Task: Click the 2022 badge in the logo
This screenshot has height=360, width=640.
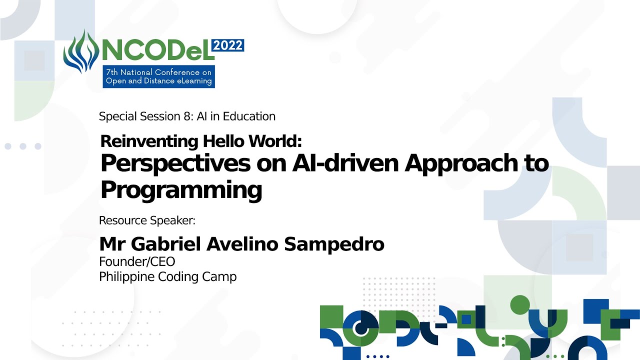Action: click(227, 45)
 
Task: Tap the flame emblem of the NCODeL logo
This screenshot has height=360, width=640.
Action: click(81, 51)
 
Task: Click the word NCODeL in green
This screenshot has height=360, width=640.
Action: click(158, 50)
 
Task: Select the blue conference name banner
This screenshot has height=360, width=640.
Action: click(159, 76)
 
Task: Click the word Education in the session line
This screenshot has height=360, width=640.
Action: click(249, 116)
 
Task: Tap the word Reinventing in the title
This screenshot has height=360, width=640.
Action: click(149, 141)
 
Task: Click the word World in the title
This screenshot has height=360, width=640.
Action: click(275, 141)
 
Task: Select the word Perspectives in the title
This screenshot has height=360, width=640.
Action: click(175, 164)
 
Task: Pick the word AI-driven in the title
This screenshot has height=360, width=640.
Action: click(345, 163)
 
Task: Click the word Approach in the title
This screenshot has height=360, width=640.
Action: click(461, 164)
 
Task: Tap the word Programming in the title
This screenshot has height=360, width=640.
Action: click(181, 190)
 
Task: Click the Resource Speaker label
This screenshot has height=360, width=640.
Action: click(147, 220)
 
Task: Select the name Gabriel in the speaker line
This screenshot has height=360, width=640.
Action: click(166, 244)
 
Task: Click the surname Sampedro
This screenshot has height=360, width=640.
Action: click(334, 244)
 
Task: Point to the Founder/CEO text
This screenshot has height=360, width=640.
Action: click(137, 261)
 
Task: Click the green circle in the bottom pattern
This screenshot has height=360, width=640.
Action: click(520, 305)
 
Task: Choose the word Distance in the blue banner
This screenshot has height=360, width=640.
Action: click(159, 81)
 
